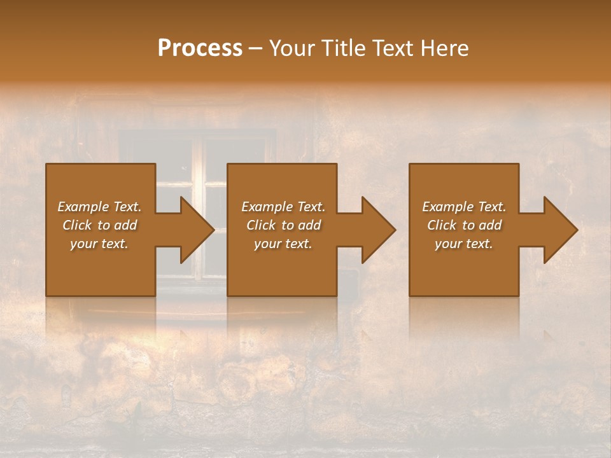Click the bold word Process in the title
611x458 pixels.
tap(200, 48)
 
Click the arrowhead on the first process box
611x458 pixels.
tap(194, 230)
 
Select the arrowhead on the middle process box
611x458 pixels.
tap(376, 230)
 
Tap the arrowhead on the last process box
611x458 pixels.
tap(558, 230)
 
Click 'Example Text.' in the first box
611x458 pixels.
tap(99, 207)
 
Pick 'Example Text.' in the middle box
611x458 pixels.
tap(283, 207)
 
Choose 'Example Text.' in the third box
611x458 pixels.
tap(464, 207)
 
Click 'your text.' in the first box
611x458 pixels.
tap(99, 244)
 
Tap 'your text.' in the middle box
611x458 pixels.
tap(283, 244)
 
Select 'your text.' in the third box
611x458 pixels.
tap(464, 244)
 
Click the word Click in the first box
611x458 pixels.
tap(77, 225)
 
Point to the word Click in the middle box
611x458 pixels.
tap(261, 225)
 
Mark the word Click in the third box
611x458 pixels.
tap(442, 225)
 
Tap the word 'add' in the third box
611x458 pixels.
tap(490, 225)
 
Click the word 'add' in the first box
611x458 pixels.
tap(125, 225)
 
